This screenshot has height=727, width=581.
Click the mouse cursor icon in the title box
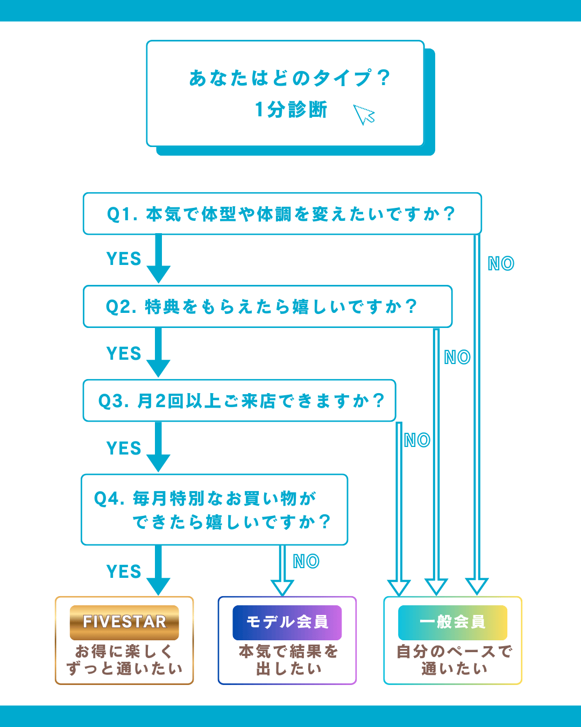(x=364, y=114)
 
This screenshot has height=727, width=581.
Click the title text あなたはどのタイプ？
(x=289, y=79)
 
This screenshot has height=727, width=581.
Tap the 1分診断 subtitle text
(x=291, y=110)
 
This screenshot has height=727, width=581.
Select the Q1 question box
(x=282, y=214)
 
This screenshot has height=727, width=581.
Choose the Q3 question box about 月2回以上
(x=239, y=401)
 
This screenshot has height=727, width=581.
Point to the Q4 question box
(x=214, y=509)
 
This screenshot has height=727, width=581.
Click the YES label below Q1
(x=124, y=259)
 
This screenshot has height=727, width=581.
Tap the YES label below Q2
(x=124, y=354)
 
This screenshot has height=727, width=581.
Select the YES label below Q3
(x=124, y=449)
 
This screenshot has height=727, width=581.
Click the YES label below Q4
(x=124, y=572)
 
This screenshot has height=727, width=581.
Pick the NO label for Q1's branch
(x=501, y=264)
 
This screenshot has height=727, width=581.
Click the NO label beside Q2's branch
(x=457, y=358)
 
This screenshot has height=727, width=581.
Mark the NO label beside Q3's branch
(x=417, y=441)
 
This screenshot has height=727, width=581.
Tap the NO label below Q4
(x=306, y=562)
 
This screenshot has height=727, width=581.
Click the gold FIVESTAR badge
(x=124, y=622)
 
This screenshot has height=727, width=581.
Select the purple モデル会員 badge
(x=287, y=622)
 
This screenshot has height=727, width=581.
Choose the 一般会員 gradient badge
(x=453, y=622)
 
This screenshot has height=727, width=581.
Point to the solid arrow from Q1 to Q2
(x=159, y=258)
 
